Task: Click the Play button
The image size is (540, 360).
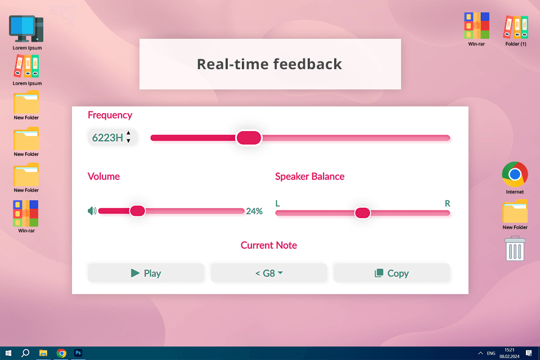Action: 146,273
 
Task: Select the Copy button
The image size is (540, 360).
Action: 391,273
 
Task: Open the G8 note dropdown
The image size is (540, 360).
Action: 269,273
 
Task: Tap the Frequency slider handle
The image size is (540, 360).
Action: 248,138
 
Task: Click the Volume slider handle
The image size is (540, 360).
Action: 137,211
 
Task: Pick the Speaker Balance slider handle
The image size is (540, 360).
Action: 362,213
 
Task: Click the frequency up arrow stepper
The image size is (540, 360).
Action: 128,133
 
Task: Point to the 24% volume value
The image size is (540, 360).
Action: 254,211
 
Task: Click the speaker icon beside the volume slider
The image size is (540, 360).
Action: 92,211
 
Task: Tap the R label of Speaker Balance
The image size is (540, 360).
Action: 447,203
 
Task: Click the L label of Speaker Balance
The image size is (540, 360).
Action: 277,203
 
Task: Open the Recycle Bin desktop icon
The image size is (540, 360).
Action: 515,249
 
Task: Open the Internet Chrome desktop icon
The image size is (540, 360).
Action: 515,175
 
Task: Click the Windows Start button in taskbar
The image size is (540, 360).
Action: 8,353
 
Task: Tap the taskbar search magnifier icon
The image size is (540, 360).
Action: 25,353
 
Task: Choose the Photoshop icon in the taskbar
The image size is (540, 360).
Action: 79,353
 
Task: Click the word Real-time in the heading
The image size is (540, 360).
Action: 231,64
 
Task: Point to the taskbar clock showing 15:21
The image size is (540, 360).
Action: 509,350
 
